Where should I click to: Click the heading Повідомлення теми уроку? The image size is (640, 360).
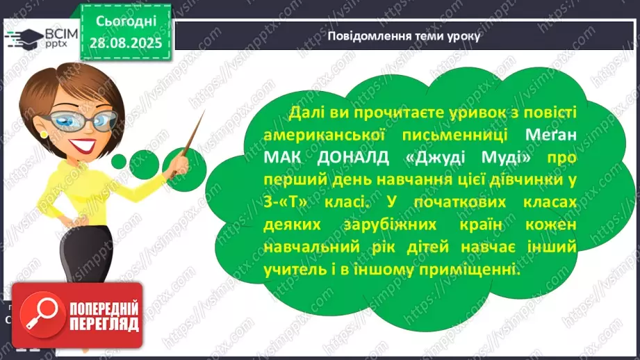pyautogui.click(x=403, y=35)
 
